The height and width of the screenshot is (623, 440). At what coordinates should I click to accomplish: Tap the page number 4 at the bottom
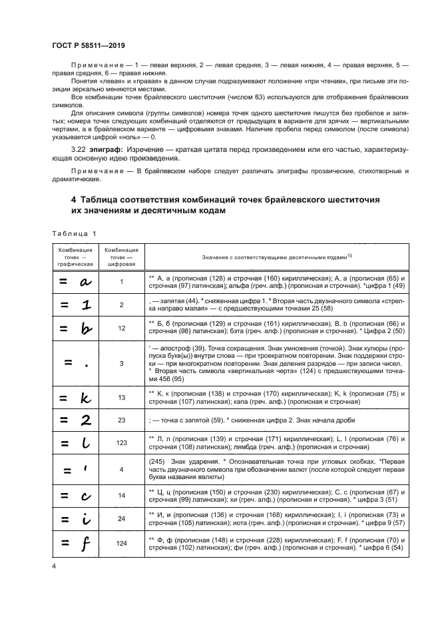(53, 566)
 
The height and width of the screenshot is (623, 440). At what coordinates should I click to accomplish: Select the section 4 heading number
(73, 199)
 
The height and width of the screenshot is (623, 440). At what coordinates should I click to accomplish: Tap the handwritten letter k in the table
(85, 398)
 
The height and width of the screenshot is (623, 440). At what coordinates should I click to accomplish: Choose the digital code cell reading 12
(121, 328)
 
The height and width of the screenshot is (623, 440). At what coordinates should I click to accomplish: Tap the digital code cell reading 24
(121, 520)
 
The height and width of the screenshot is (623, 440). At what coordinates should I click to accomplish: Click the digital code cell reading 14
(121, 496)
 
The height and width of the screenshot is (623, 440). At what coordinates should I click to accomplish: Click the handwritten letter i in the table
(85, 520)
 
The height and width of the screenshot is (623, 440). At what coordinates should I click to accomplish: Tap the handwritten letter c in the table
(85, 496)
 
